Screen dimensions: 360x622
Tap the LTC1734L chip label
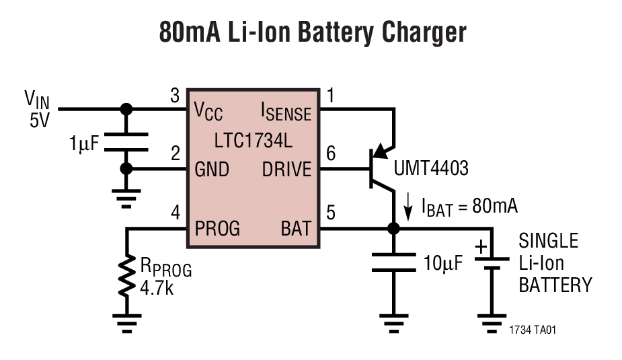pyautogui.click(x=253, y=141)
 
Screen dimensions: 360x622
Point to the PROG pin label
pyautogui.click(x=217, y=229)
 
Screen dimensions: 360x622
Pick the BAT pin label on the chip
pyautogui.click(x=296, y=229)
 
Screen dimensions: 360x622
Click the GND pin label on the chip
pyautogui.click(x=212, y=170)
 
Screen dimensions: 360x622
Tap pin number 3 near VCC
pyautogui.click(x=175, y=97)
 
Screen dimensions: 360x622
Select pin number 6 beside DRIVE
pyautogui.click(x=330, y=154)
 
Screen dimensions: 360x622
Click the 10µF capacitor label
pyautogui.click(x=443, y=263)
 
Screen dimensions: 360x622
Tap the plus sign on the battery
pyautogui.click(x=481, y=247)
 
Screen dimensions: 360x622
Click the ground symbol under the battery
pyautogui.click(x=492, y=319)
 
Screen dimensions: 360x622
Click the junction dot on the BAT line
pyautogui.click(x=393, y=229)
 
